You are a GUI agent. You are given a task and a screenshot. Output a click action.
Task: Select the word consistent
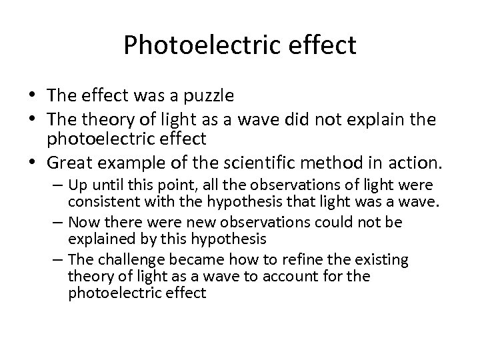[x=101, y=200]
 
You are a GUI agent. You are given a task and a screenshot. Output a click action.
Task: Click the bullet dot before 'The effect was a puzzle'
[x=35, y=95]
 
